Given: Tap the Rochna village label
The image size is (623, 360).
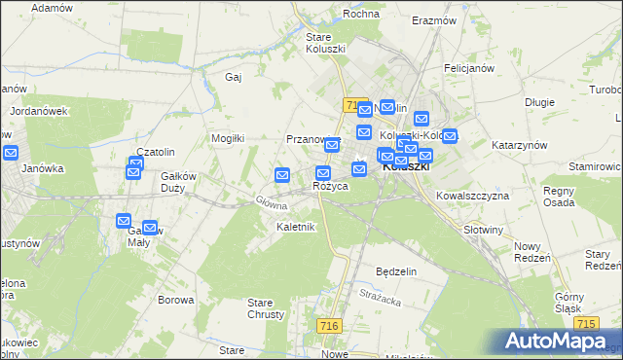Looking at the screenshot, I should pos(360,15).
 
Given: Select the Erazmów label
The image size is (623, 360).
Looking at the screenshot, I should pos(434,20).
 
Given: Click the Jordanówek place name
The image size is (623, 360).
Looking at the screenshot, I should pos(39,111).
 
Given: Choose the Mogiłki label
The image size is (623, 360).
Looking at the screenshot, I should pos(228,138).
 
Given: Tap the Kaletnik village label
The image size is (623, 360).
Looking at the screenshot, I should pos(295,227).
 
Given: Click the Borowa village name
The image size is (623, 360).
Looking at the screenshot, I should pos(176,300).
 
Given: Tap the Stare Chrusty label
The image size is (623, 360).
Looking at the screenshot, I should pos(266,308).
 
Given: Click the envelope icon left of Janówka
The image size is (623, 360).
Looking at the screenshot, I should pos(11,153).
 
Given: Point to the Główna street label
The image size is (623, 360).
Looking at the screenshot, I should pos(271,202).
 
